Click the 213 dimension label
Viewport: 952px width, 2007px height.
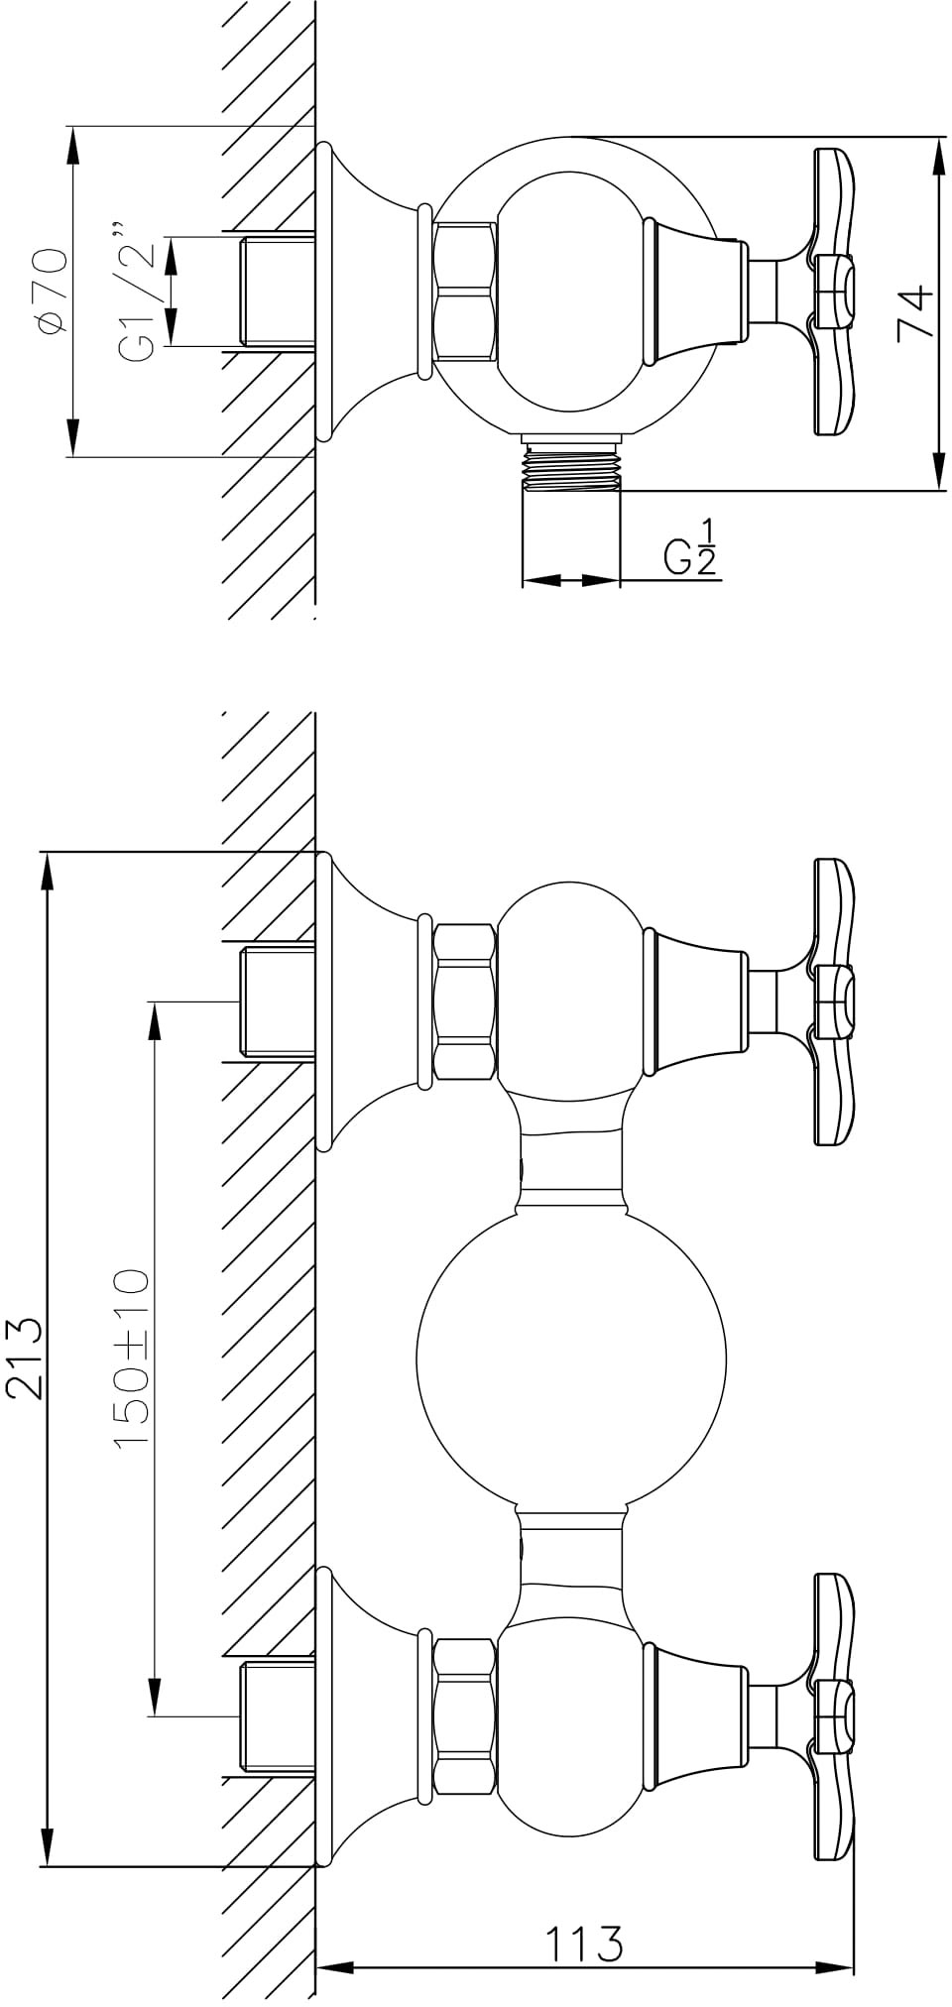(25, 1359)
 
